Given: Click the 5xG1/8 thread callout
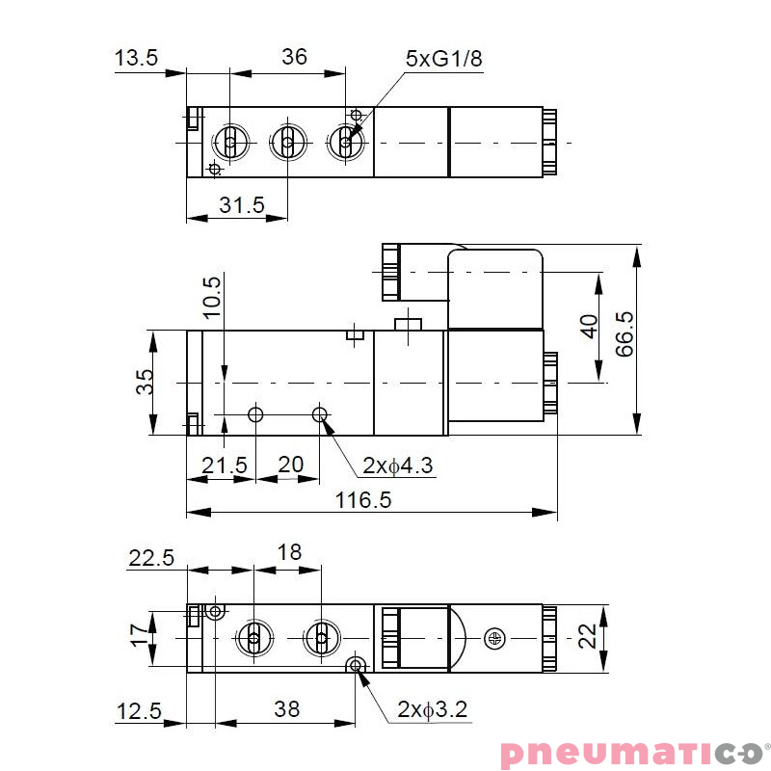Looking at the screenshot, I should pos(442,59).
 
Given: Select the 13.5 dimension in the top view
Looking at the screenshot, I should pos(136,58).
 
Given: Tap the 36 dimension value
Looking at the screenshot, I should pos(294,57).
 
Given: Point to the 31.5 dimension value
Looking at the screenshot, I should pos(241,204).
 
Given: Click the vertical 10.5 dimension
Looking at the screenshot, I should pos(212,296).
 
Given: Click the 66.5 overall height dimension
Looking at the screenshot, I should pos(625,334).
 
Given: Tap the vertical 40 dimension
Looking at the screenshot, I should pos(589,326).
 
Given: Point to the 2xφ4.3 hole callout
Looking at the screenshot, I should pos(398,466).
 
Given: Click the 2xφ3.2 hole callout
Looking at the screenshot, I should pos(432,710).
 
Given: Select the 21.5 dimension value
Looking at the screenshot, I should pos(224,465).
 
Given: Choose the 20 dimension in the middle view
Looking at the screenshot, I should pos(290,465).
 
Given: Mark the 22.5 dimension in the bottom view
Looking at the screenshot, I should pos(151,558).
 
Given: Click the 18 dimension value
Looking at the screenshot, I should pos(288,552).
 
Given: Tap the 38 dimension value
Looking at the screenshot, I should pos(286,709).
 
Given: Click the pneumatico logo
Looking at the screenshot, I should pos(631,752).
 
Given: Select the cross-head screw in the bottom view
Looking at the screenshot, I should pos(495,637).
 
